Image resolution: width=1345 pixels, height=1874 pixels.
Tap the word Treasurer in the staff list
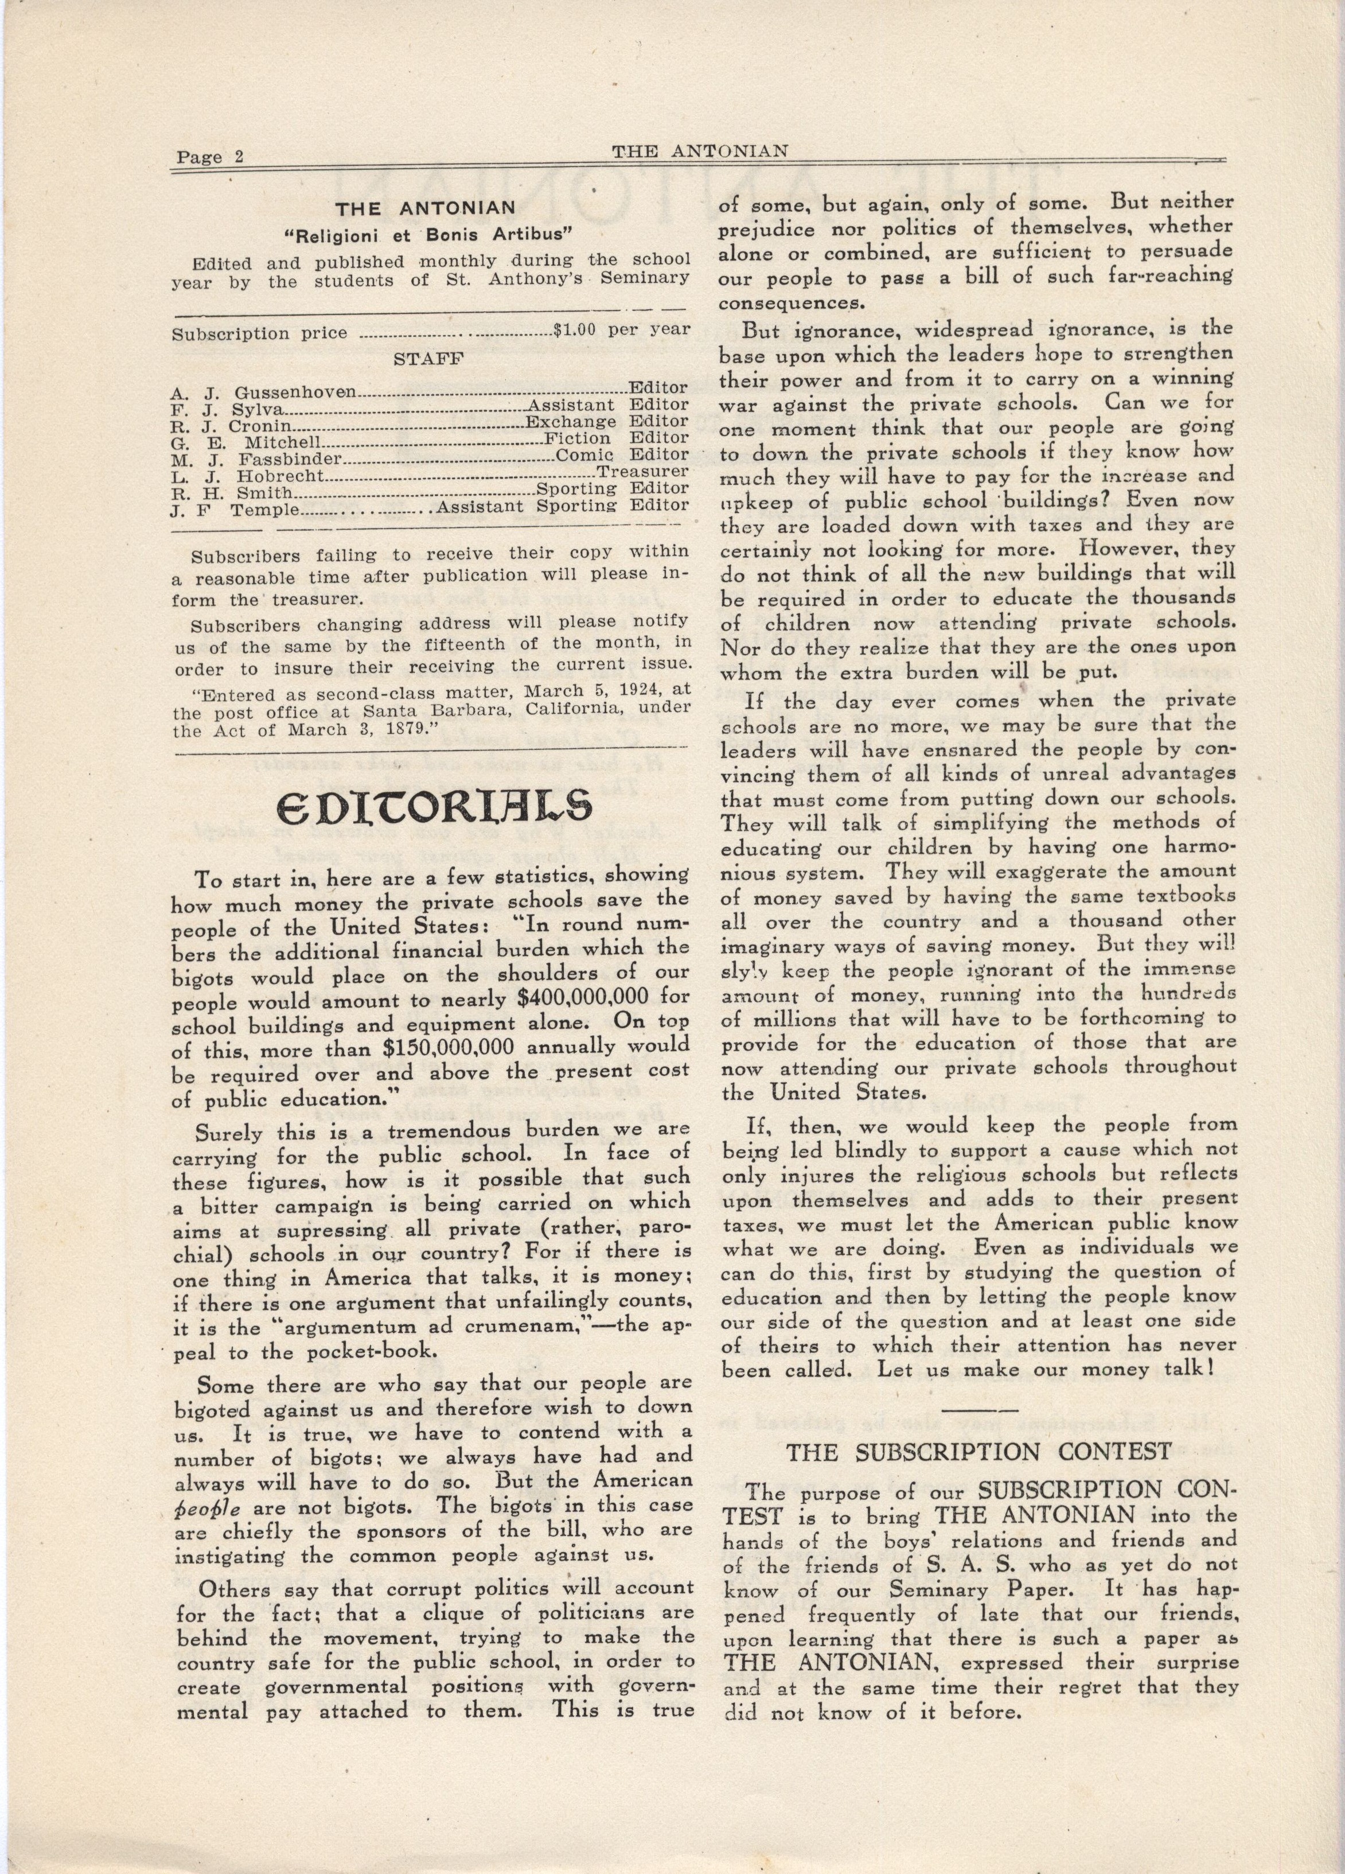click(643, 471)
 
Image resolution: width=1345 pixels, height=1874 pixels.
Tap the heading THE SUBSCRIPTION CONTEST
click(979, 1451)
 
